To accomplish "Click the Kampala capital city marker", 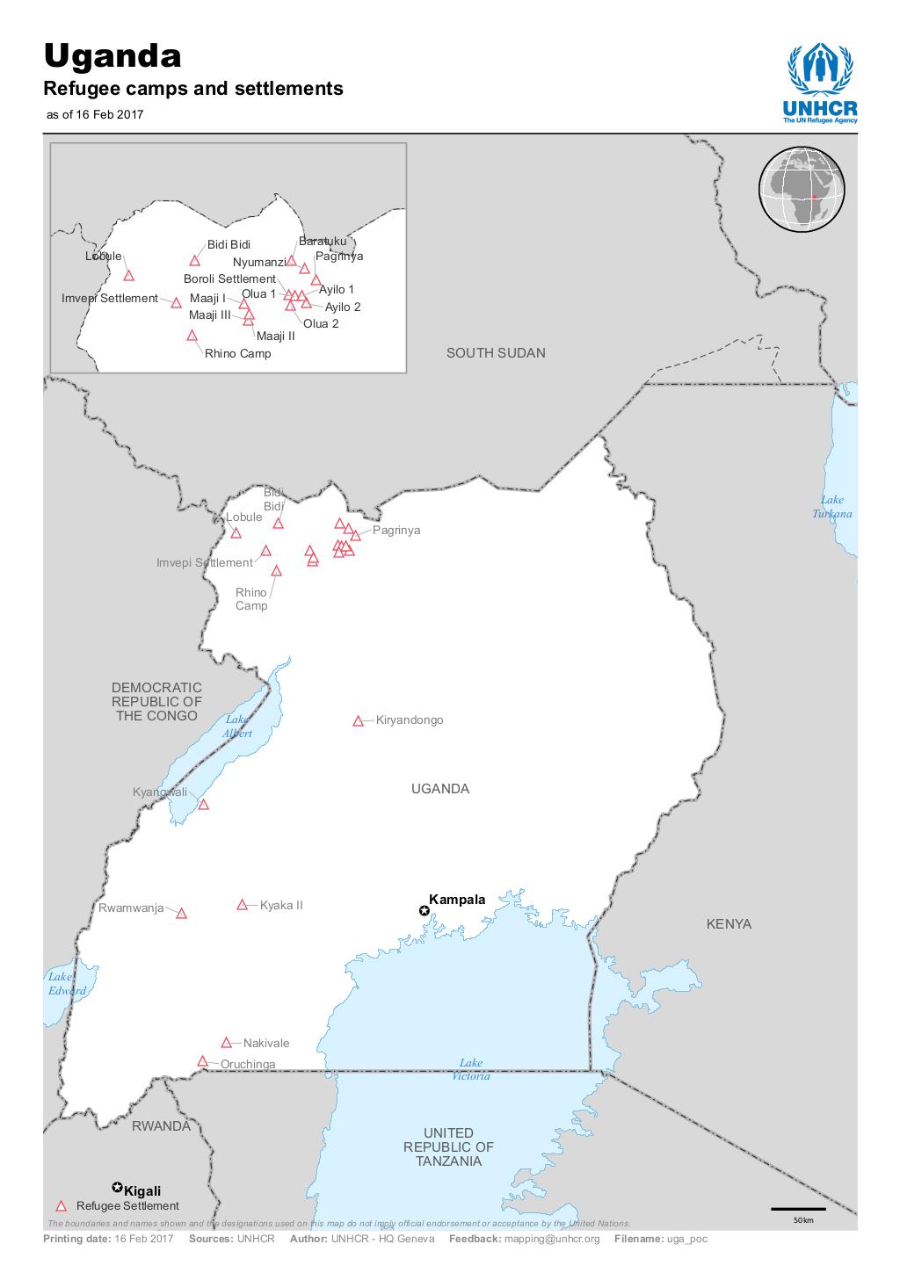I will (425, 912).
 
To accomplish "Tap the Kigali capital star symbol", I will (117, 1187).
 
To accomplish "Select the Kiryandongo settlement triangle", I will (358, 721).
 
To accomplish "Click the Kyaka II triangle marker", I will (243, 905).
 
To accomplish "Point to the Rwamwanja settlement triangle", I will (182, 914).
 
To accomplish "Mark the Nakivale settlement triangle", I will (226, 1043).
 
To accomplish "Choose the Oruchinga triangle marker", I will (203, 1061).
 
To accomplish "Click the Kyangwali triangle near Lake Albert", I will (203, 805).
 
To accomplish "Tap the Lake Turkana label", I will (831, 507).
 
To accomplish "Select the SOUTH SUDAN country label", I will (496, 353).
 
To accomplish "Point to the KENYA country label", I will (729, 924).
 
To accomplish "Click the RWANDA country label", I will (161, 1126).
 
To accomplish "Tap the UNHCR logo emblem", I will (819, 70).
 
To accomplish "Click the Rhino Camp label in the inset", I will (237, 354).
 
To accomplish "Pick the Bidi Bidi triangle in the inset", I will (195, 261).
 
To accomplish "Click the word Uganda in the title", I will (113, 57).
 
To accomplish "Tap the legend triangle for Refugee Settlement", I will (61, 1206).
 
